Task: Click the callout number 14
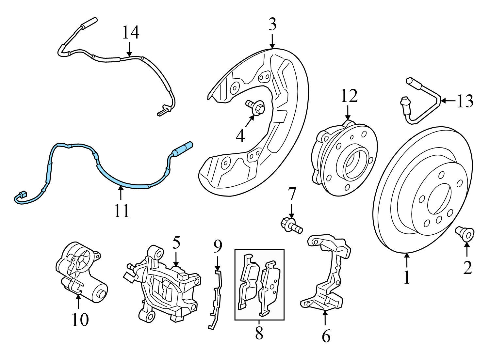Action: pyautogui.click(x=131, y=33)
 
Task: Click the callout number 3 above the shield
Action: pyautogui.click(x=272, y=24)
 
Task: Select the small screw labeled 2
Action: pyautogui.click(x=465, y=234)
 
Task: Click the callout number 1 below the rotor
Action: pyautogui.click(x=406, y=277)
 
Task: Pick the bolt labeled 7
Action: pyautogui.click(x=290, y=226)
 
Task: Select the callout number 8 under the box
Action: pyautogui.click(x=259, y=333)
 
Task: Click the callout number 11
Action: pyautogui.click(x=122, y=211)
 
